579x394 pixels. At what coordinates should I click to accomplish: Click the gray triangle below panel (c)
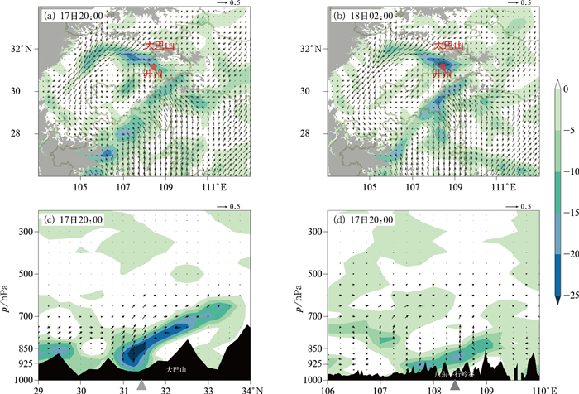coord(141,385)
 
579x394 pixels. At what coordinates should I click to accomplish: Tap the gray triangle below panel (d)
coord(454,385)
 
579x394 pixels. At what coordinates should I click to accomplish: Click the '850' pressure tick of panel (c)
coord(28,348)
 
